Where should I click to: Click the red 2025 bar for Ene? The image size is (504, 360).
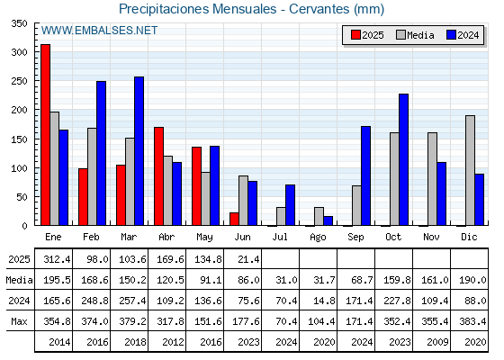click(x=45, y=135)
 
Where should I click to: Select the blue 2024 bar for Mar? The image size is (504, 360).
click(x=139, y=151)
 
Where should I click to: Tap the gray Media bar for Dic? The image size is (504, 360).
click(x=470, y=170)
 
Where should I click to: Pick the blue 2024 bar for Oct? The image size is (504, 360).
click(x=404, y=159)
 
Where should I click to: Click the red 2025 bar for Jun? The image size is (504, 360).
click(x=234, y=219)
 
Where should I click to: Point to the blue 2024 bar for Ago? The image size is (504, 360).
click(x=328, y=220)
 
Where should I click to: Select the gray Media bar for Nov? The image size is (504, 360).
click(x=432, y=179)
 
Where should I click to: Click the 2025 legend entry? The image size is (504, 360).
click(x=367, y=35)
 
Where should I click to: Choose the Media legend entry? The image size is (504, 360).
click(x=415, y=35)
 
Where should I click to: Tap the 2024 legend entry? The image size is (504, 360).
click(x=463, y=35)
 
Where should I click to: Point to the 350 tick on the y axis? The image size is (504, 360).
click(x=19, y=23)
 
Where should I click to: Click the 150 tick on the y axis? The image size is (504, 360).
click(x=19, y=139)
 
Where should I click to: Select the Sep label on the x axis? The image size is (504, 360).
click(x=355, y=238)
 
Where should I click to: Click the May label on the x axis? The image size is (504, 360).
click(x=204, y=238)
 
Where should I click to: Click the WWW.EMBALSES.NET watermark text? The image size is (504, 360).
click(x=99, y=31)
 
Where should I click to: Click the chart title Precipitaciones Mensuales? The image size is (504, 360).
click(x=198, y=9)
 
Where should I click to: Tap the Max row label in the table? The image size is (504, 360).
click(x=19, y=321)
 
